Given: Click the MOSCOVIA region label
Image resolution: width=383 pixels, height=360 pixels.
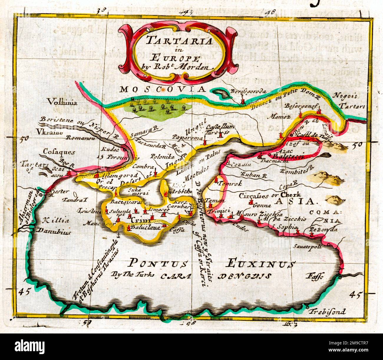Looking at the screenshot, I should point(163,89).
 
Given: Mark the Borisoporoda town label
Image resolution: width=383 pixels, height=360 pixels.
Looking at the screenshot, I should point(248,91).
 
